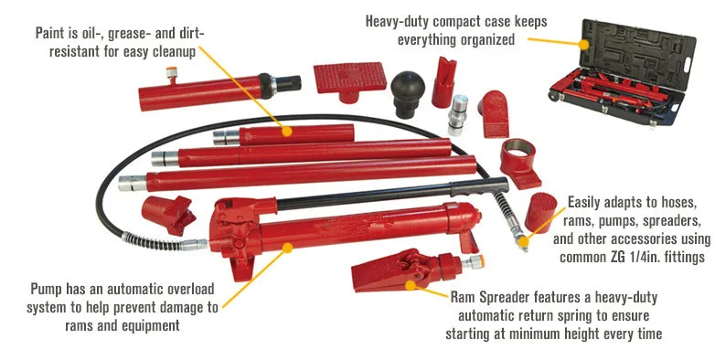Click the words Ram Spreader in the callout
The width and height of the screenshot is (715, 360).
click(x=495, y=297)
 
